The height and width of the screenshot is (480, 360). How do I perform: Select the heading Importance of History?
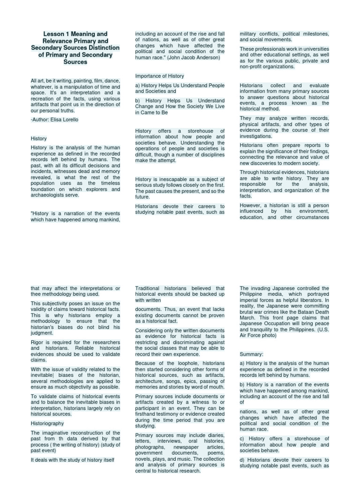(x=159, y=76)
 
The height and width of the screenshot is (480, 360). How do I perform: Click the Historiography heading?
(x=47, y=423)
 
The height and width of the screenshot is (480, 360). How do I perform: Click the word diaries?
(x=215, y=435)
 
